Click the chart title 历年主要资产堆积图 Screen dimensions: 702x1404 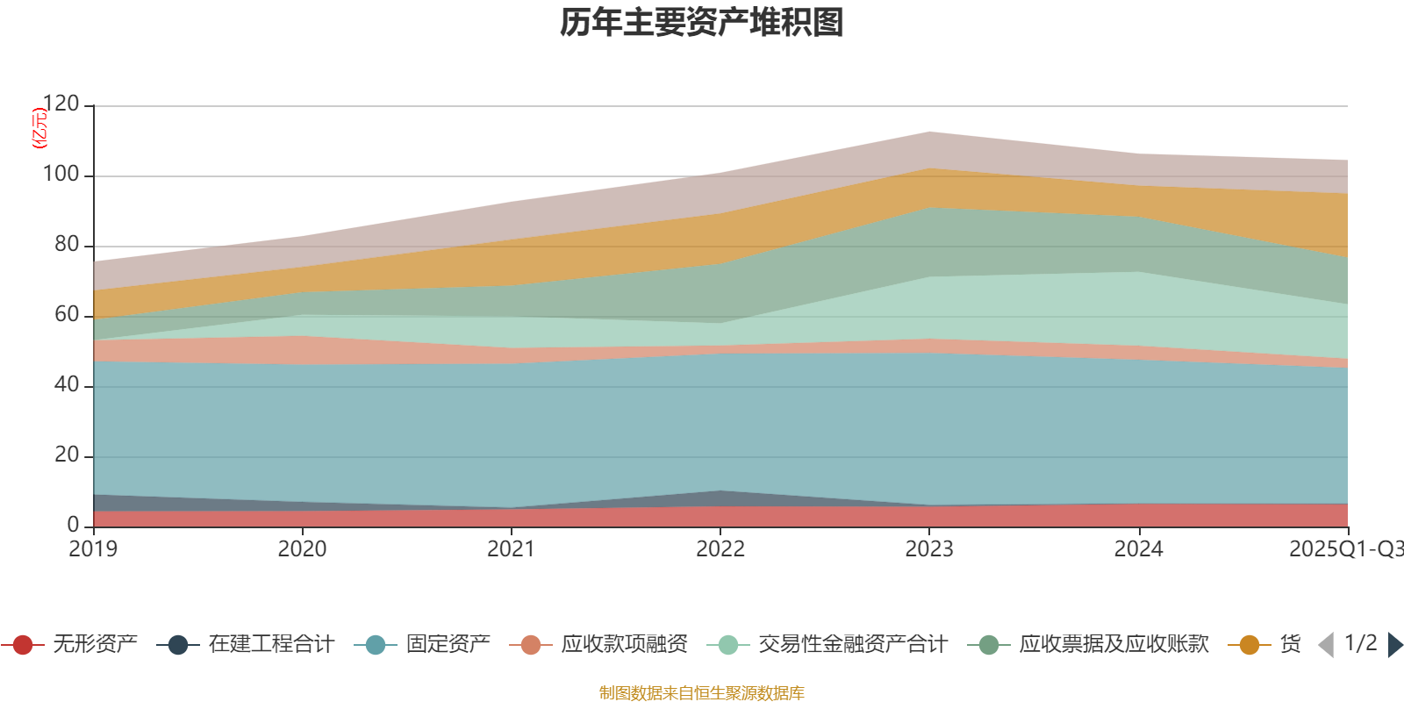(702, 23)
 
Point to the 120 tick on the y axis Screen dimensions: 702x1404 (61, 104)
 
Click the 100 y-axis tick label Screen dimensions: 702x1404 (61, 175)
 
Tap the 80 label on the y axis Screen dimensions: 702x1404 (66, 245)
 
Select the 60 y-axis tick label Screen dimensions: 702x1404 (66, 315)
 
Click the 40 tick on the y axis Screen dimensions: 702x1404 (66, 385)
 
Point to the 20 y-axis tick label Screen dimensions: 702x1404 (66, 455)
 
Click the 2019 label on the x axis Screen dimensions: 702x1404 (93, 549)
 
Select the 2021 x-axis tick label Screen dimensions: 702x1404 (511, 549)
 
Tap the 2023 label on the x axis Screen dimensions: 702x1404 (929, 549)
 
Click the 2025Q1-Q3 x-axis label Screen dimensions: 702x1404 (1345, 549)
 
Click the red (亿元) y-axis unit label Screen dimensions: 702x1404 (39, 128)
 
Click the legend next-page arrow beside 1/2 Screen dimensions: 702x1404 (1394, 645)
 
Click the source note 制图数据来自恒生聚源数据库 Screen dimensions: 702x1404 (702, 693)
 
